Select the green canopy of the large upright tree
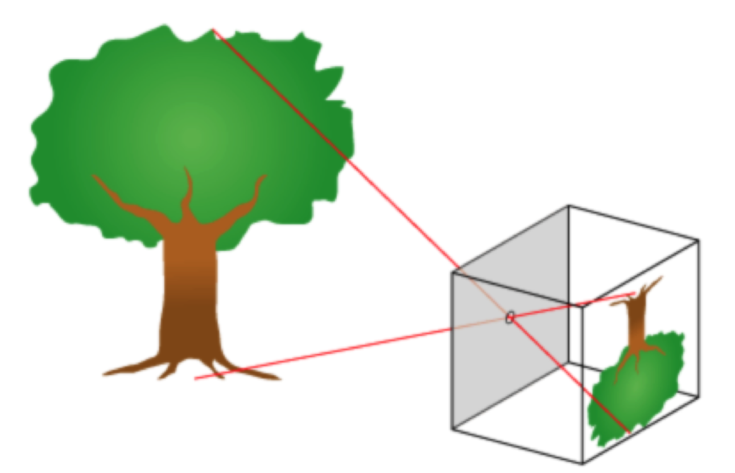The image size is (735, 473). point(188,114)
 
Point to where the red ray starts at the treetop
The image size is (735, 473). point(213,30)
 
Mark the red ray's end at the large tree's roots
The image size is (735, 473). point(195,379)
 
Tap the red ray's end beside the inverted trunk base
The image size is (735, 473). point(634,293)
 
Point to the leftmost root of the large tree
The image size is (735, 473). point(111,373)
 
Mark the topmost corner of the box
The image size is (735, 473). point(569,205)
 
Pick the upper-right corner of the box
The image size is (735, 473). point(698,240)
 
